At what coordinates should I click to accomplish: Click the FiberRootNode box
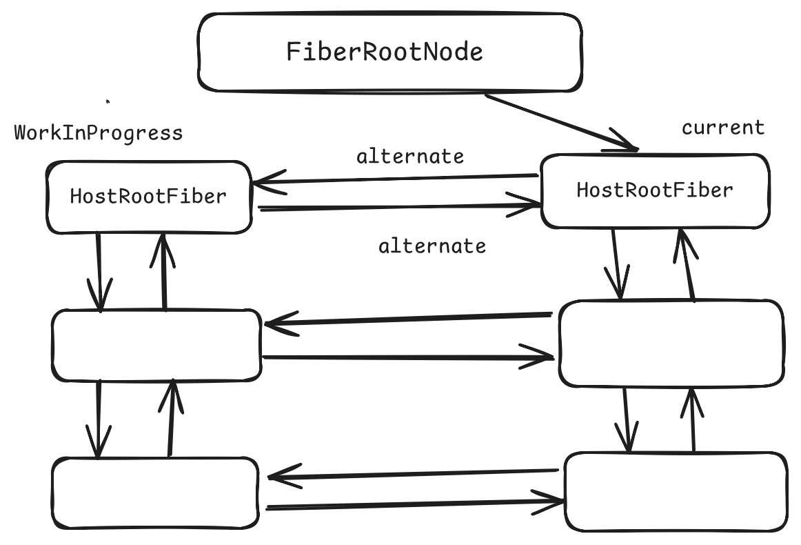click(x=389, y=52)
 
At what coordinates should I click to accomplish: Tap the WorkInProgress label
click(x=99, y=133)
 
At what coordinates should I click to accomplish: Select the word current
click(x=722, y=128)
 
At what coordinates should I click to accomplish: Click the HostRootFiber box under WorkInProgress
click(x=148, y=197)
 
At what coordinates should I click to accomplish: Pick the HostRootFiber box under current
click(x=654, y=190)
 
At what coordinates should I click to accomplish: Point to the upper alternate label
click(x=410, y=157)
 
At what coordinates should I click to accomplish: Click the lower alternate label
click(x=432, y=246)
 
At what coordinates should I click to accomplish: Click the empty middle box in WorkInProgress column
click(x=156, y=345)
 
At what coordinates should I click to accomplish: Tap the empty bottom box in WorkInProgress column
click(x=155, y=493)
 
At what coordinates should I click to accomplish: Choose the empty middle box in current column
click(x=670, y=344)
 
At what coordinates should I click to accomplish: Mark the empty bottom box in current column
click(x=675, y=491)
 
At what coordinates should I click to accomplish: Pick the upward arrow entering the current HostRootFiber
click(x=687, y=265)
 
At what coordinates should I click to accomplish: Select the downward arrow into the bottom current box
click(x=627, y=419)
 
